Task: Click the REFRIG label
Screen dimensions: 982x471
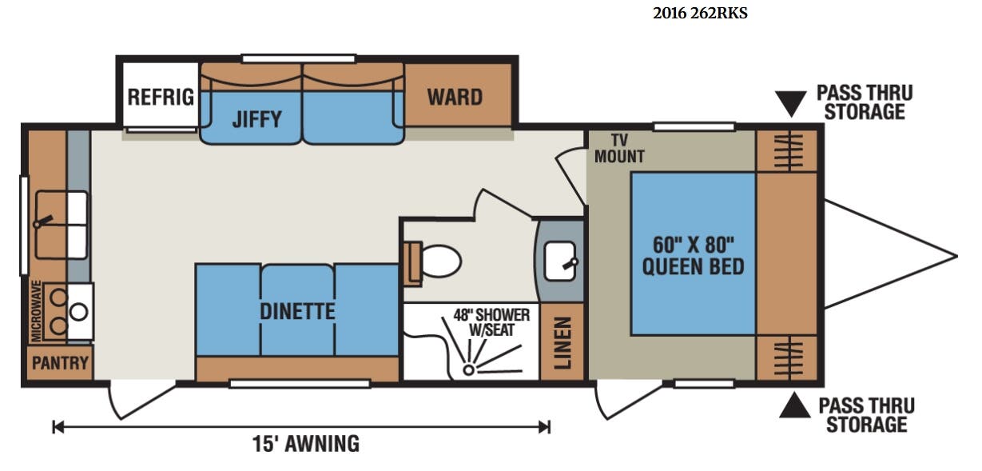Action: point(161,97)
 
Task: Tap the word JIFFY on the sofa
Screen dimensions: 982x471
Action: point(257,119)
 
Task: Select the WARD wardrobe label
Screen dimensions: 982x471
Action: point(455,97)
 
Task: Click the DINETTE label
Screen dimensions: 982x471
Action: point(297,311)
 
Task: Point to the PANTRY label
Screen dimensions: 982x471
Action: point(60,363)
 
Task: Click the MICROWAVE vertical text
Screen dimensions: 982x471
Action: point(37,311)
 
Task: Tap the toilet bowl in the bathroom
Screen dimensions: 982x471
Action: point(441,261)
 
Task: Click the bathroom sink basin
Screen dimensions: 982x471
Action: point(560,261)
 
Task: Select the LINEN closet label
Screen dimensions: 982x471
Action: point(563,342)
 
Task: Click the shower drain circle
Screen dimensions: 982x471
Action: point(469,370)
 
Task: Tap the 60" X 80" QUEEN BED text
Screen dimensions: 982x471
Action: point(694,256)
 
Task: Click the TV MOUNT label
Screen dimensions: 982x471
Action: point(619,149)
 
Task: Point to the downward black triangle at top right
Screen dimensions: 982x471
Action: point(791,103)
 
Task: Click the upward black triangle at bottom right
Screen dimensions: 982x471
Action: point(795,405)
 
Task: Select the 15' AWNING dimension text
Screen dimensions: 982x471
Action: point(305,444)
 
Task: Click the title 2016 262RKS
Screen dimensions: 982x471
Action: point(700,14)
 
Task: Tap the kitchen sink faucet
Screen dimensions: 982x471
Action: point(43,222)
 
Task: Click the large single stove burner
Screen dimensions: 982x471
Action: point(79,312)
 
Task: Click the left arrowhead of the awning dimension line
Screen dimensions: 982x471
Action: point(58,427)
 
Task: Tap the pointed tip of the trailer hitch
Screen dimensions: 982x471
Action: point(956,256)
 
